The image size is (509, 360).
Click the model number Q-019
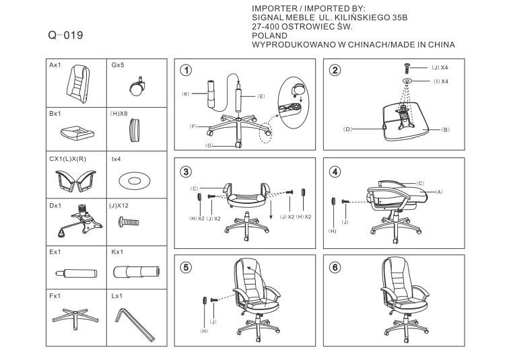[x=66, y=35]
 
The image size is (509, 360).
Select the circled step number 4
[x=335, y=171]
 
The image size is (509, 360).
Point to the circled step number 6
[x=335, y=266]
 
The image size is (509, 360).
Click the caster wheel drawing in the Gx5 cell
[x=137, y=85]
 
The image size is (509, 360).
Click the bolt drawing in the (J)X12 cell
[x=131, y=221]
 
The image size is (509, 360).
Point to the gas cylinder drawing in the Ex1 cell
[x=75, y=273]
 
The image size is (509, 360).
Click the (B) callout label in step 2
[x=445, y=129]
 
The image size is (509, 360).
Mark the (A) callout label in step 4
[x=439, y=191]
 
